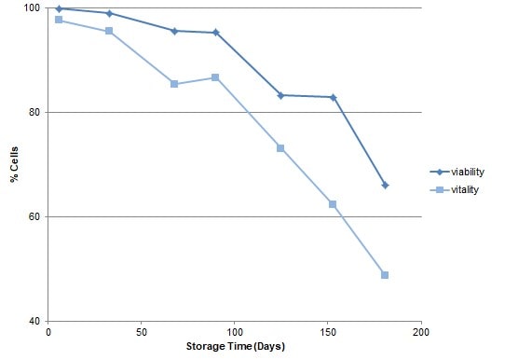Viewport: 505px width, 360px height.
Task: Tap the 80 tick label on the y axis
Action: point(34,112)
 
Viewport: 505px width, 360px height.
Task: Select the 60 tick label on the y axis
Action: point(34,216)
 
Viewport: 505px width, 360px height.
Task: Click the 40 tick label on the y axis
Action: point(34,321)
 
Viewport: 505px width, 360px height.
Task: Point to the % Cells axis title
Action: point(14,163)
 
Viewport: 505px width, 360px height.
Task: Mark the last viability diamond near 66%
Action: point(385,185)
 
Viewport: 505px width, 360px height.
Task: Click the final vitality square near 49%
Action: point(385,275)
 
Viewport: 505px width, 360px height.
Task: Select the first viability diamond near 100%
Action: point(59,8)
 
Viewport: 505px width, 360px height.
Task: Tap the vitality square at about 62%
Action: point(333,204)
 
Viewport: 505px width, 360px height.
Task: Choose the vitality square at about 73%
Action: point(280,148)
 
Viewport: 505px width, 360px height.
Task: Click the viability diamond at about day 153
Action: point(333,97)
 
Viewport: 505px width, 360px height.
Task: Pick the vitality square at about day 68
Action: point(174,84)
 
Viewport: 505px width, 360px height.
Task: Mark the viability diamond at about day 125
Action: point(280,95)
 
